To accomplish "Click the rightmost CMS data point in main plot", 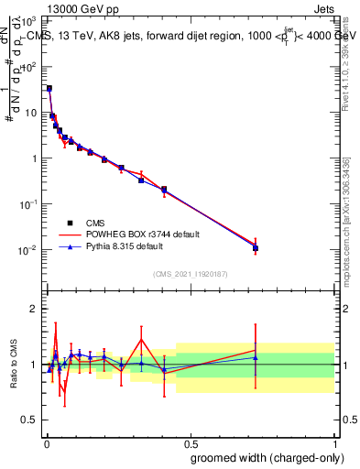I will pyautogui.click(x=256, y=248).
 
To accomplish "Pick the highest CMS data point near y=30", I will pyautogui.click(x=49, y=89).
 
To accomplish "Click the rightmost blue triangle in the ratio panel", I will pyautogui.click(x=256, y=357).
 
